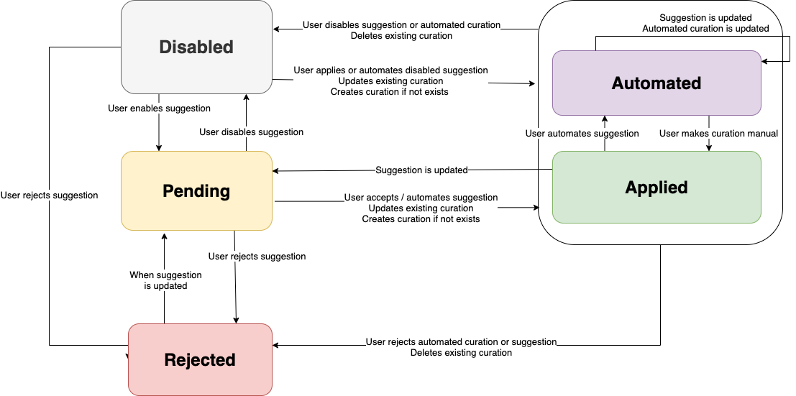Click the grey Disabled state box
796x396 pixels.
click(x=196, y=47)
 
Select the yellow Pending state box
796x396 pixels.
click(x=196, y=191)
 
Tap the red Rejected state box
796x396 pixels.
click(x=200, y=359)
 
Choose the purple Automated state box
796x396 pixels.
click(x=656, y=83)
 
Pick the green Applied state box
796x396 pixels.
click(x=656, y=187)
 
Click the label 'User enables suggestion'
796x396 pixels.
click(x=159, y=108)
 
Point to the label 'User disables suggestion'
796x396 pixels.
click(x=251, y=132)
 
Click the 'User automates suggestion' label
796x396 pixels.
click(x=582, y=133)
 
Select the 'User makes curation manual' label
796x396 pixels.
click(x=718, y=133)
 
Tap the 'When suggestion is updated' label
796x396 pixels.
click(x=165, y=280)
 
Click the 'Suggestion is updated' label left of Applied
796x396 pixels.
click(x=421, y=170)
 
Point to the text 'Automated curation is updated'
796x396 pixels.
click(x=705, y=29)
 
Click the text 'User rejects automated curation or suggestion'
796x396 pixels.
click(x=461, y=342)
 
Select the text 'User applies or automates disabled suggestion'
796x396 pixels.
click(x=390, y=70)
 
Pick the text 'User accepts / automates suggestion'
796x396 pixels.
click(x=421, y=197)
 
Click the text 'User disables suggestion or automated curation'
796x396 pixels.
click(x=401, y=25)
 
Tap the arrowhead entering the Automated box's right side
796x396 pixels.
click(x=765, y=62)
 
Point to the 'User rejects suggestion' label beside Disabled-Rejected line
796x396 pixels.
click(x=50, y=195)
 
